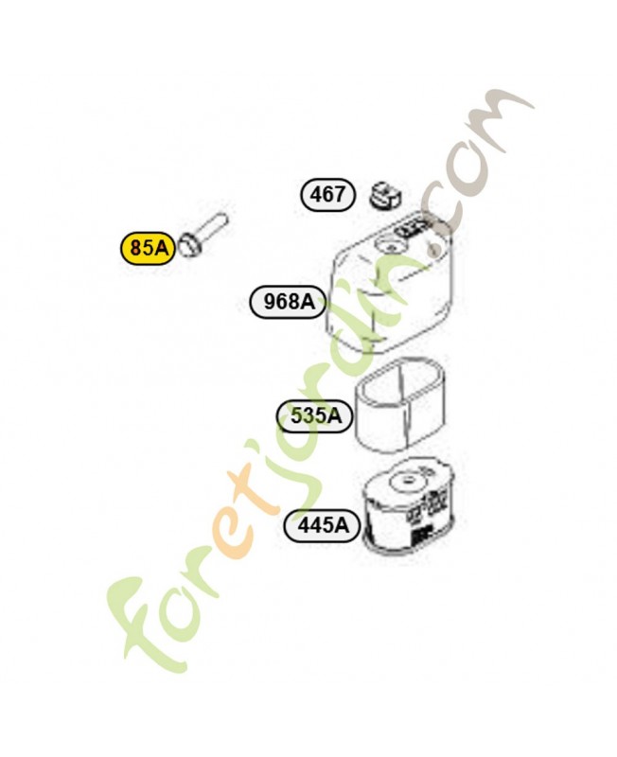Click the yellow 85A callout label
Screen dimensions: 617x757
(x=149, y=248)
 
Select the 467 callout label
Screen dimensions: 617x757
(x=327, y=195)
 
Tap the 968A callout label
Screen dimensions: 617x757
(x=289, y=302)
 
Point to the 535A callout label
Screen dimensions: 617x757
(x=315, y=415)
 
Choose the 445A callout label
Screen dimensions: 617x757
(x=323, y=524)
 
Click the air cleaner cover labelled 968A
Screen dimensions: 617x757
(x=390, y=285)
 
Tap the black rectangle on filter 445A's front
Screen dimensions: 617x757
(x=421, y=536)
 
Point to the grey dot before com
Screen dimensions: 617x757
(x=434, y=250)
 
